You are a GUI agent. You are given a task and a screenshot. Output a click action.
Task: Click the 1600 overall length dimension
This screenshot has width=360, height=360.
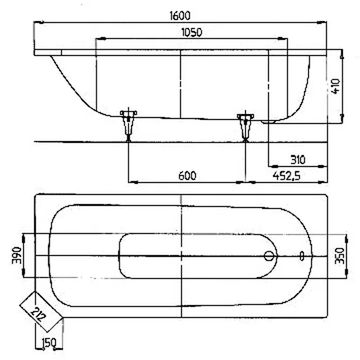(180, 16)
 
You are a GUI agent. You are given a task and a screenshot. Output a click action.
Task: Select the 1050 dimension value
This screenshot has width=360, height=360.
(192, 33)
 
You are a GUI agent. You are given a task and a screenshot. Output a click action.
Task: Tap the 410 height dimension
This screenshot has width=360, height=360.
(336, 86)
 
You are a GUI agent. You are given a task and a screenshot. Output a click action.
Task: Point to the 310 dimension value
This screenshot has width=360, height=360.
(298, 160)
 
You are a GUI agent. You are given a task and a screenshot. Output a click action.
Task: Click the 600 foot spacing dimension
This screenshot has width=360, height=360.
(187, 176)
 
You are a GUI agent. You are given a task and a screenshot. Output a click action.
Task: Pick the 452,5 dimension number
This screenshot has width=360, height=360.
(287, 176)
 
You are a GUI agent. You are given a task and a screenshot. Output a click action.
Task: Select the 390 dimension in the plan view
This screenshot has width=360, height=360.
(17, 256)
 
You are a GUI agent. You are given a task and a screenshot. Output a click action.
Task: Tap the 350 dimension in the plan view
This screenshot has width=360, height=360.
(340, 256)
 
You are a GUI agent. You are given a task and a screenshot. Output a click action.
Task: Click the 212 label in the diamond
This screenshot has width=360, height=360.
(38, 314)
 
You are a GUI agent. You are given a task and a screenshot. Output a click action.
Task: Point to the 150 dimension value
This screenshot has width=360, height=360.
(49, 343)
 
